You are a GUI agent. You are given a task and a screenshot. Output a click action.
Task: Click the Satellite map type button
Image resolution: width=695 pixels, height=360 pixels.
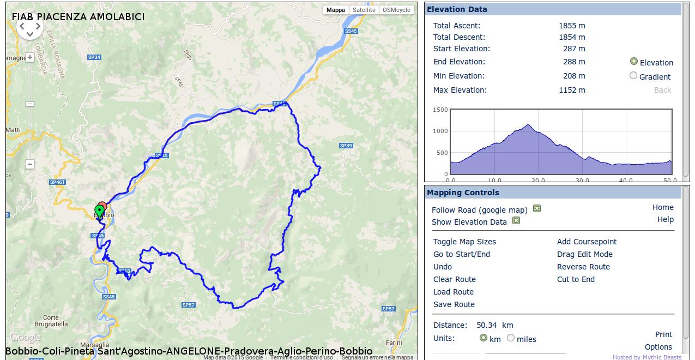(x=364, y=10)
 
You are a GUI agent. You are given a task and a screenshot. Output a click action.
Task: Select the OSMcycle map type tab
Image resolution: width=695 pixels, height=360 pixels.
(x=396, y=10)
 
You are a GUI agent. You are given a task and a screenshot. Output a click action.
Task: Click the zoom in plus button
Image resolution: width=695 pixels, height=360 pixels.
(x=30, y=57)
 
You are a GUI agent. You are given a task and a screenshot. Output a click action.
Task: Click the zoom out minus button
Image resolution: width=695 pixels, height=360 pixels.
(x=30, y=164)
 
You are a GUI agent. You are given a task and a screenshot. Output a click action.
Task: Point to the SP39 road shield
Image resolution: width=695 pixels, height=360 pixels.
(x=346, y=146)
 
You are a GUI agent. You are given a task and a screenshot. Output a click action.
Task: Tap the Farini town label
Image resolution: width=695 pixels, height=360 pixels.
(x=394, y=342)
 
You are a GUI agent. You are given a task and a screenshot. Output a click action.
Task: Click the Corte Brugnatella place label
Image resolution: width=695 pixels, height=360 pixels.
(x=51, y=321)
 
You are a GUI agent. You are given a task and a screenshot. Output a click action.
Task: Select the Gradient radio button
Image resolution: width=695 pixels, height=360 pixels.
(x=633, y=76)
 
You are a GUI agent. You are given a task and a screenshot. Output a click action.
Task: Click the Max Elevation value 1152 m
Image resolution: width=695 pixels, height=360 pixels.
(x=572, y=90)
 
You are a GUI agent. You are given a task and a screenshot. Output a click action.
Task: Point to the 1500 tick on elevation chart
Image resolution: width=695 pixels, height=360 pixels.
(x=440, y=110)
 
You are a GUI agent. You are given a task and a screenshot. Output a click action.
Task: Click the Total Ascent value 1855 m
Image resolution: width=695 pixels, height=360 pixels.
(x=572, y=26)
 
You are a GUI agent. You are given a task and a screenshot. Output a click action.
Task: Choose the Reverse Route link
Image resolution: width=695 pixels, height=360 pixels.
(x=583, y=267)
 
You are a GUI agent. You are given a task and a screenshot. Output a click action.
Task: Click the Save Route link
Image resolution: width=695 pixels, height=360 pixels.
(x=454, y=304)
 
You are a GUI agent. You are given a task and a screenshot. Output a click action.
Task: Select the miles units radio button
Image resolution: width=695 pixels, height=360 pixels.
(x=511, y=338)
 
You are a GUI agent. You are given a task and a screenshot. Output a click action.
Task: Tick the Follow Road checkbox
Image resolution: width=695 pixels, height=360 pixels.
(x=537, y=209)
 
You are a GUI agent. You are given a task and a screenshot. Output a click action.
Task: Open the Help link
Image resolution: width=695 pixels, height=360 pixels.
(x=665, y=219)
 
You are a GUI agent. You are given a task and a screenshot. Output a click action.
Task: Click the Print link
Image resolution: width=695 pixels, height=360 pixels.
(x=663, y=334)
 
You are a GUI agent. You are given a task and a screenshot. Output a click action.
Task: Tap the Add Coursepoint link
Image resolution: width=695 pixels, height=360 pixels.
(x=587, y=242)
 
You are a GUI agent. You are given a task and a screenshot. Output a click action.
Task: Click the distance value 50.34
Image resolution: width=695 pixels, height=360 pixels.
(x=487, y=325)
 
